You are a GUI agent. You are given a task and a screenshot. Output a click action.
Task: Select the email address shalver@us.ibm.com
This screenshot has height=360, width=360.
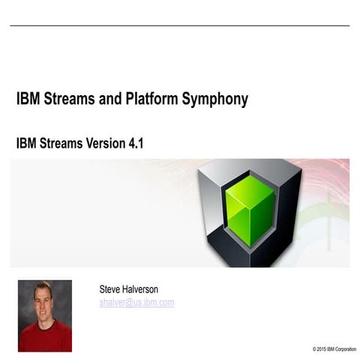[136, 302]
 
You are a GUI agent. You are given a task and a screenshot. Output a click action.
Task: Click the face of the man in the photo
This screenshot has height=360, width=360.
[43, 299]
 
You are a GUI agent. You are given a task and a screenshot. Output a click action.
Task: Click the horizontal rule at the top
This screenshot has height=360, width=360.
[180, 26]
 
